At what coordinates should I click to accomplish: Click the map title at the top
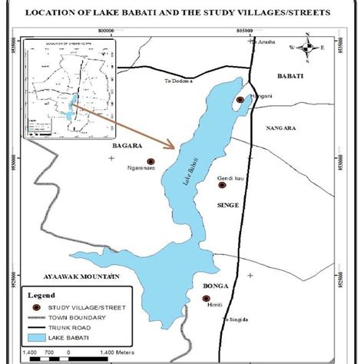[x=182, y=12]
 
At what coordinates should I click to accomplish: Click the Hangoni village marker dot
[x=241, y=100]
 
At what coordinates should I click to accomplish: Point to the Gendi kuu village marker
[x=222, y=184]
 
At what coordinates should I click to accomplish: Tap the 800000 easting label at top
[x=108, y=28]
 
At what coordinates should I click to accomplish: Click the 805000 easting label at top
[x=245, y=28]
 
